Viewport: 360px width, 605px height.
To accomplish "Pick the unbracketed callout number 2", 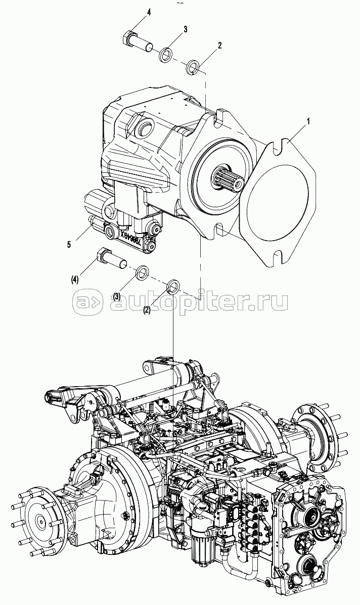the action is pyautogui.click(x=219, y=45).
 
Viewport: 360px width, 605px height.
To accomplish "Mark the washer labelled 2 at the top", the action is pyautogui.click(x=193, y=66).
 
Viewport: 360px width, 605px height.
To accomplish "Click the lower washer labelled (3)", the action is pyautogui.click(x=143, y=273).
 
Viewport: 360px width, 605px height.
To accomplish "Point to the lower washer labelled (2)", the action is pyautogui.click(x=173, y=286).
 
